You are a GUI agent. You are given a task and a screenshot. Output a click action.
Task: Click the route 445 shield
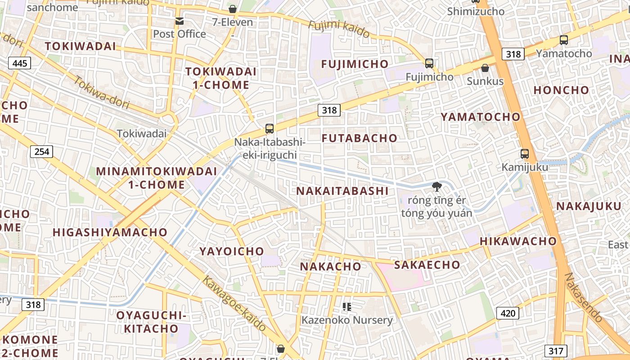click(x=20, y=63)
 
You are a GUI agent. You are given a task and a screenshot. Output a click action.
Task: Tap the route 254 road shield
click(x=42, y=151)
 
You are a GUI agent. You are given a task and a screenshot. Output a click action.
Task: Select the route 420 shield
click(x=508, y=313)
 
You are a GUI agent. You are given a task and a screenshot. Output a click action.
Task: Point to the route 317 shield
click(x=556, y=351)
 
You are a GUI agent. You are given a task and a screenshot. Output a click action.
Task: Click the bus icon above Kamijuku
click(x=525, y=154)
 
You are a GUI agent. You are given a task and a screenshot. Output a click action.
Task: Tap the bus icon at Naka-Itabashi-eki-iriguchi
click(x=270, y=129)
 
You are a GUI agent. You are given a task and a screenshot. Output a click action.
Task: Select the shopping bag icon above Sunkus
click(x=485, y=68)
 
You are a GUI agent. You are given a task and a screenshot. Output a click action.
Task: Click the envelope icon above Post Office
click(x=180, y=21)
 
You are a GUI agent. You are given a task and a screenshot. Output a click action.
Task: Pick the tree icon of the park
click(x=436, y=186)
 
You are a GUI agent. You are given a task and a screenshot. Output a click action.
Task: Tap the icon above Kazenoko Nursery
click(x=347, y=307)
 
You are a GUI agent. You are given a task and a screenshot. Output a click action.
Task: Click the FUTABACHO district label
click(x=360, y=138)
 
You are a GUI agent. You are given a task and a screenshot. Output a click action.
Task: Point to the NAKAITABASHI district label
click(x=342, y=191)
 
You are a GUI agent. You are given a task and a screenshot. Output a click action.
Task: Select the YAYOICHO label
click(x=232, y=251)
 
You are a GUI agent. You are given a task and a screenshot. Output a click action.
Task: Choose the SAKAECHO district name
click(x=427, y=265)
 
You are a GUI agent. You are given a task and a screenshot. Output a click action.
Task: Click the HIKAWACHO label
click(x=518, y=241)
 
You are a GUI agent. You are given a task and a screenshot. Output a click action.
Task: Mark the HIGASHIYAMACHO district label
click(x=110, y=232)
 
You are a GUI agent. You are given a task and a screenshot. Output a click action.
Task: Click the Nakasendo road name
click(x=584, y=297)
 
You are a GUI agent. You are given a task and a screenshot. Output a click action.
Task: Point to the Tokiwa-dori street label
click(x=102, y=94)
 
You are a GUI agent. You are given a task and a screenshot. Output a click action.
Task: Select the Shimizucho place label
click(x=476, y=11)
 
